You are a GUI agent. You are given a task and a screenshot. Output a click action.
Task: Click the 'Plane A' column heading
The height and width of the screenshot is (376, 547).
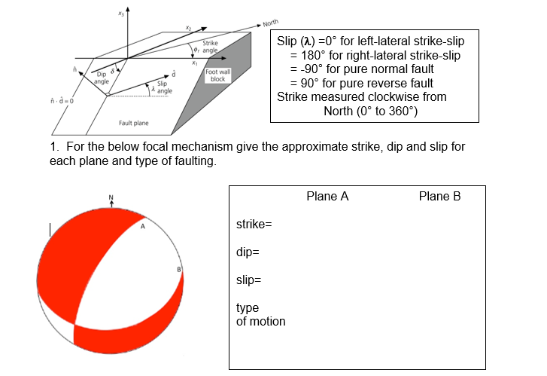(327, 197)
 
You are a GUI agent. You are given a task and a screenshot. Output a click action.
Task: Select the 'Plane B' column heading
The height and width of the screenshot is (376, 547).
(439, 197)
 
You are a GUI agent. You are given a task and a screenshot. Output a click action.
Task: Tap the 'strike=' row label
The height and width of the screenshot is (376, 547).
(254, 224)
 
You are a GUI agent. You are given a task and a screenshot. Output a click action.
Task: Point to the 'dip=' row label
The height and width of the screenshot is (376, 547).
(248, 252)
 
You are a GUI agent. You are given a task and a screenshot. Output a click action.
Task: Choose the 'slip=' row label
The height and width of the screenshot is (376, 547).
(249, 280)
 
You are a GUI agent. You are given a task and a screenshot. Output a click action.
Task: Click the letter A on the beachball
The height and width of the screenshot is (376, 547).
(143, 227)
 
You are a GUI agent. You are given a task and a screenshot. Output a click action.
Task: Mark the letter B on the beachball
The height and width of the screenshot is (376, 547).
(179, 270)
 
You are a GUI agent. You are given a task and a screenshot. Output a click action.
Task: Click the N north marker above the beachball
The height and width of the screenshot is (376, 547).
(111, 197)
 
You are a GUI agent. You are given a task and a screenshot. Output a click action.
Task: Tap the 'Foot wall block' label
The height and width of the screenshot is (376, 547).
(217, 75)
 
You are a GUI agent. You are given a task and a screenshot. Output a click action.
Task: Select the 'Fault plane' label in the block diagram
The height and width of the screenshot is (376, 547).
(134, 123)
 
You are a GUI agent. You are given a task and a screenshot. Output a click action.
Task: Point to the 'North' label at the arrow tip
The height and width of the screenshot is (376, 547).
(271, 23)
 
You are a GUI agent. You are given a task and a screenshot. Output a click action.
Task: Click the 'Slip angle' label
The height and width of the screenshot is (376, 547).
(164, 87)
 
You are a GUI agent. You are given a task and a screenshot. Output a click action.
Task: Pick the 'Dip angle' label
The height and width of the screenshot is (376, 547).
(102, 78)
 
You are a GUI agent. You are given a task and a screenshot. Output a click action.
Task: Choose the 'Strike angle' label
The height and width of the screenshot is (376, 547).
(210, 47)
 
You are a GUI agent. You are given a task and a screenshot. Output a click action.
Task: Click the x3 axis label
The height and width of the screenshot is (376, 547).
(120, 14)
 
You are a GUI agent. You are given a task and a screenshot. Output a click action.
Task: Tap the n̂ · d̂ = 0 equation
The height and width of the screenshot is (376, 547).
(62, 101)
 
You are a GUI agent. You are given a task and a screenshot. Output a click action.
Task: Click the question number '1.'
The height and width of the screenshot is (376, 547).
(55, 147)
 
